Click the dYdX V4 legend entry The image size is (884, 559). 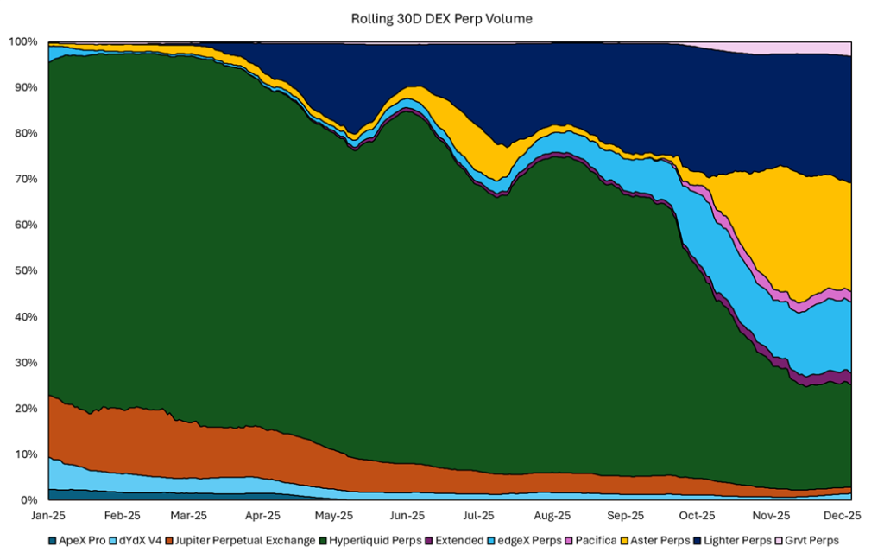(138, 541)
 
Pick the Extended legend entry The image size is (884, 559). (459, 541)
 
